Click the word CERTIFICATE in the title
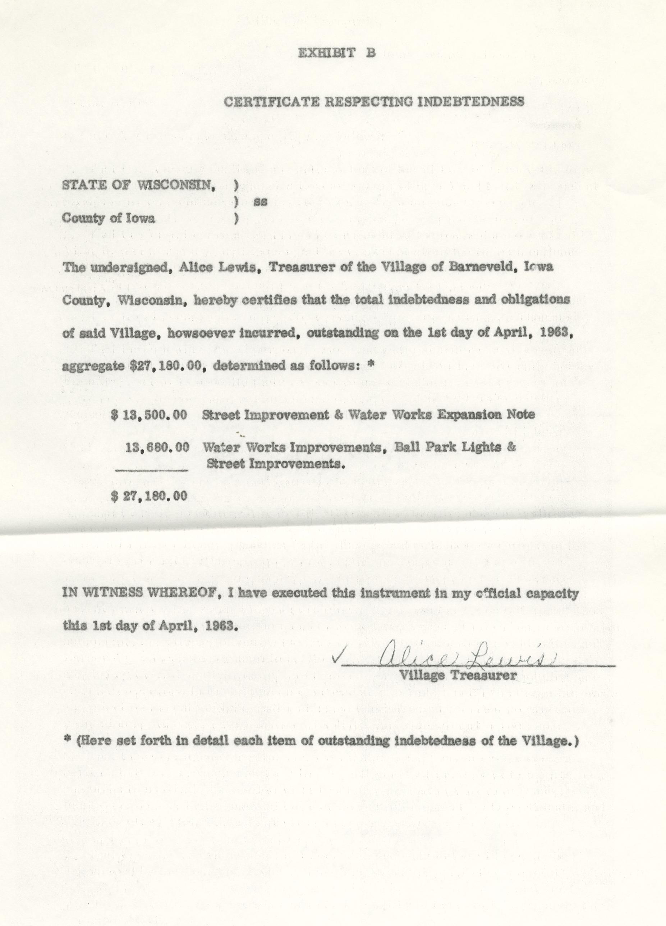click(x=271, y=102)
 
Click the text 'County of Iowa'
click(x=109, y=218)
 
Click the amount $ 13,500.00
click(x=150, y=415)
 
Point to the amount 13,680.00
click(x=157, y=447)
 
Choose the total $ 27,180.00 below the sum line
click(x=150, y=496)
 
